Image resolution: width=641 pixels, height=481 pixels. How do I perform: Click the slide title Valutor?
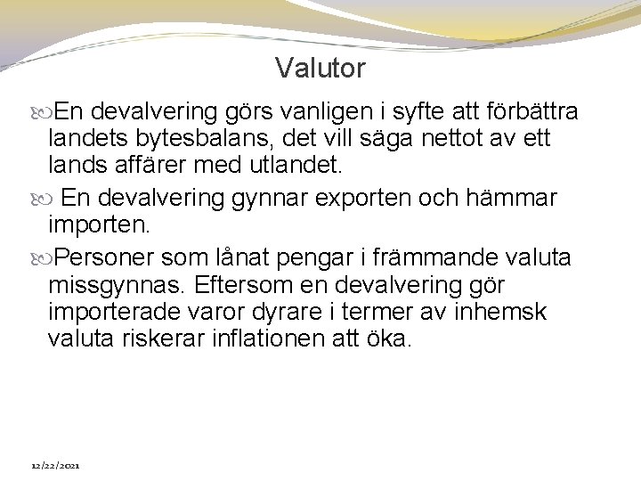pyautogui.click(x=320, y=68)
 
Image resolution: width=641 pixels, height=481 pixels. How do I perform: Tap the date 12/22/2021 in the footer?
pyautogui.click(x=56, y=466)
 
